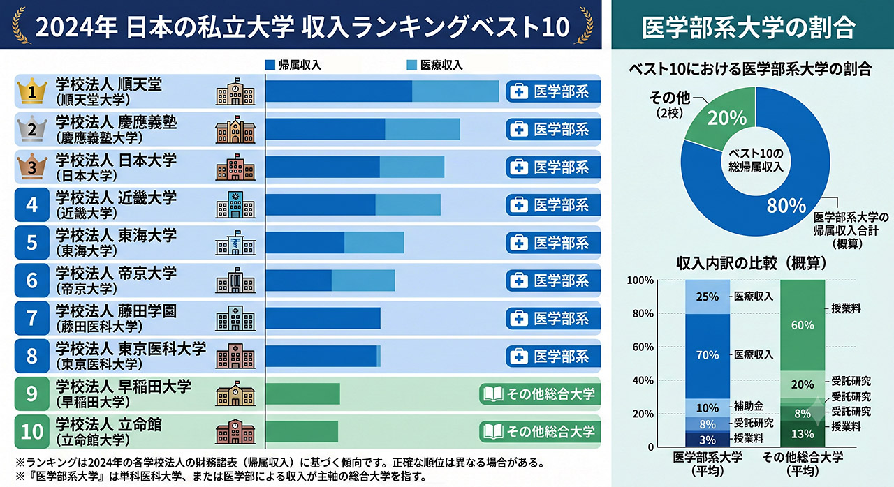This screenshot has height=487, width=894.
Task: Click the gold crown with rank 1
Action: (32, 91)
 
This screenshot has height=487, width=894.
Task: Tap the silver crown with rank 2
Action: (32, 128)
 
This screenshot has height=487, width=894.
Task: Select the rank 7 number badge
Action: (32, 318)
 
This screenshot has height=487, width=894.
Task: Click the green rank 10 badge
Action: (32, 432)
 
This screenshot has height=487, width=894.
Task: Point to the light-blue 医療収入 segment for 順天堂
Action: (455, 91)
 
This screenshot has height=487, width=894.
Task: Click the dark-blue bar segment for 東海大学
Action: (305, 242)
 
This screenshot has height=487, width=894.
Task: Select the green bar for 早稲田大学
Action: (303, 394)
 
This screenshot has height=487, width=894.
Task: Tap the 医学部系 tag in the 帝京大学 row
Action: (553, 280)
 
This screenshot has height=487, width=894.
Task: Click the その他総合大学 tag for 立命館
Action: (540, 432)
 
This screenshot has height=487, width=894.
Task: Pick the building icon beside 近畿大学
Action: (235, 204)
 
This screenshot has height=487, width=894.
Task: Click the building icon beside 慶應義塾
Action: (235, 129)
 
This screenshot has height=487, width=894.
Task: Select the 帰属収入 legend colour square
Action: (270, 65)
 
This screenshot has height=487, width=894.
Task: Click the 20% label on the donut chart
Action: (727, 118)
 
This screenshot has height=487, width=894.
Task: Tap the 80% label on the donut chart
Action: (786, 206)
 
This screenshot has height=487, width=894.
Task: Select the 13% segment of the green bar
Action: (803, 433)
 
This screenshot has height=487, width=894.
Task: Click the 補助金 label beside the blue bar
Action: (749, 406)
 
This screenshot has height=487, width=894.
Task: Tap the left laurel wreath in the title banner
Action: (20, 24)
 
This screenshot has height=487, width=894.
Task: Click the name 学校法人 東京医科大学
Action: (131, 348)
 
